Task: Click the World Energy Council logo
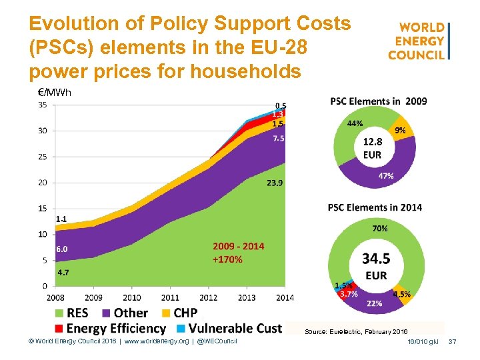(x=417, y=41)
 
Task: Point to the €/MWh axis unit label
(x=55, y=93)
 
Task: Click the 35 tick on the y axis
(x=42, y=105)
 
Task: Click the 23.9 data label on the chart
(x=275, y=183)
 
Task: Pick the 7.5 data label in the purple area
(x=279, y=139)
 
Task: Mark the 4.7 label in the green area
(x=63, y=272)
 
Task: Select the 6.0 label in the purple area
(x=61, y=249)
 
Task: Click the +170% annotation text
(x=228, y=259)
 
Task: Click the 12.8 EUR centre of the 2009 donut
(x=372, y=147)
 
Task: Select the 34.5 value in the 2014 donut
(x=376, y=257)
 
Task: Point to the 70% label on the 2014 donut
(x=381, y=228)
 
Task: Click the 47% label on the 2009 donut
(x=385, y=176)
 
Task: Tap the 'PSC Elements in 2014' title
(x=375, y=207)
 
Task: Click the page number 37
(x=452, y=342)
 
